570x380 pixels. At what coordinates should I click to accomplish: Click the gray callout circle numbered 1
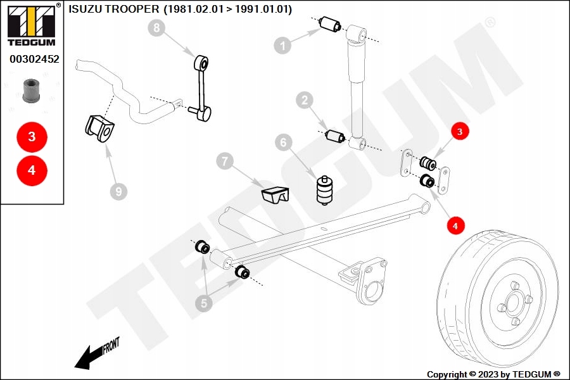283,44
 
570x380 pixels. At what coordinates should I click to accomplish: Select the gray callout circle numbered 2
305,100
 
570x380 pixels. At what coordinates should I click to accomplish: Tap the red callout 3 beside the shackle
460,132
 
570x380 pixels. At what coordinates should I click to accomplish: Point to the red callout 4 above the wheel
456,224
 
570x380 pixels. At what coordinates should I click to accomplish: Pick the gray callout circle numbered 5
203,303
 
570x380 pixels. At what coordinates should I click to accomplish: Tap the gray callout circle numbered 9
117,190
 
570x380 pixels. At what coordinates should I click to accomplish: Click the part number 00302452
33,60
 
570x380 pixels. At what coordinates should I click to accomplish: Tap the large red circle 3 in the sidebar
32,136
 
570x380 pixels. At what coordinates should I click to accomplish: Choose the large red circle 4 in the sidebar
32,170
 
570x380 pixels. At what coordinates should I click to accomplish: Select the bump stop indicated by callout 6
324,189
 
